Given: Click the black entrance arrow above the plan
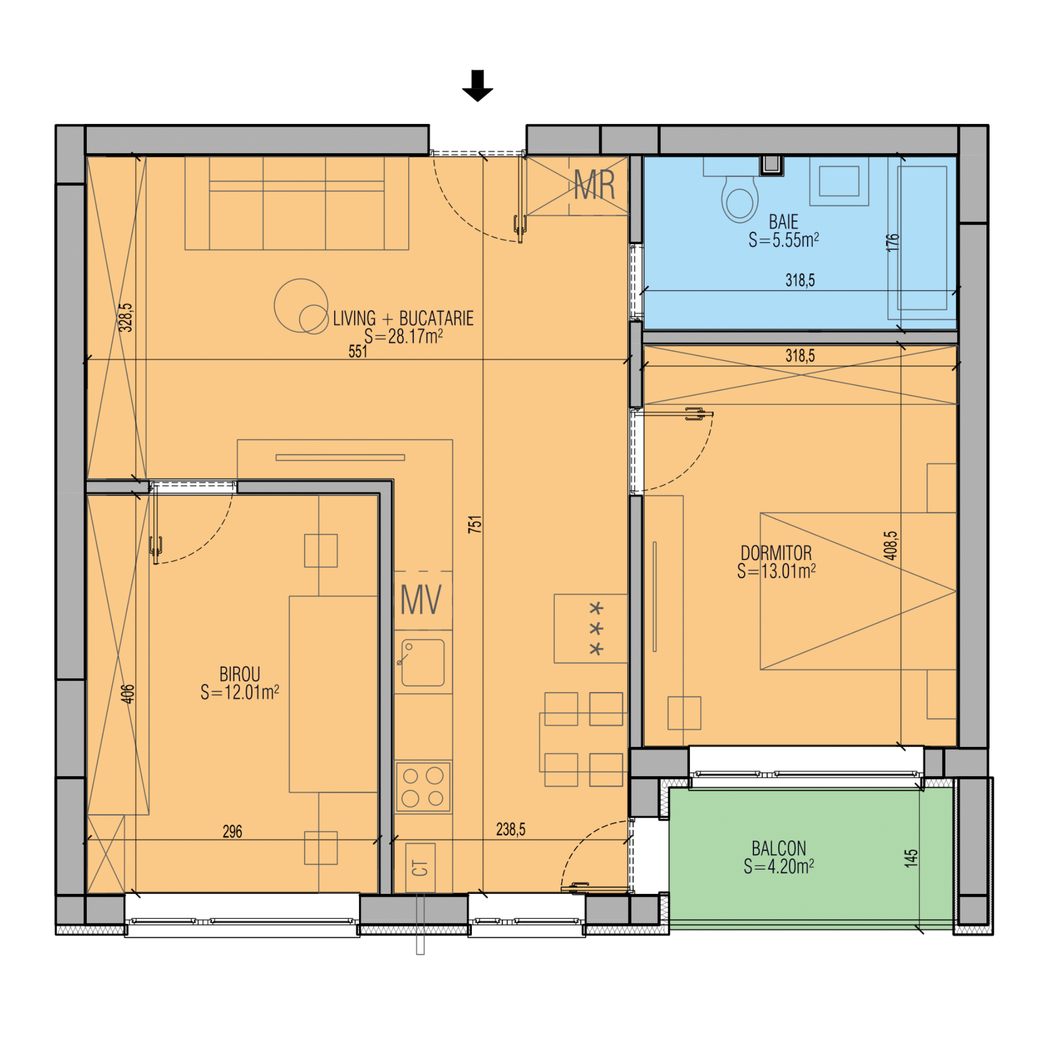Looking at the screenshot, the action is pos(477,86).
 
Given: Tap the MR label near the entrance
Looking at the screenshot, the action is pos(594,185).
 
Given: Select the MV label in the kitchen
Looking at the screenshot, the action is pos(421,600).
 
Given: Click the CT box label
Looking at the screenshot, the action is pos(420,868).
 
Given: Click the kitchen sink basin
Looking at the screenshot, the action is pos(423,662).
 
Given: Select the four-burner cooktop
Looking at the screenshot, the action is pos(423,787).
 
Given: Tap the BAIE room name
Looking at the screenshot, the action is pos(783,222).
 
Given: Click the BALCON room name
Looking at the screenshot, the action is pos(778,848).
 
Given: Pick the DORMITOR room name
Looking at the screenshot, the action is pos(776,553).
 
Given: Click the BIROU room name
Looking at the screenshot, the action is pos(240,674).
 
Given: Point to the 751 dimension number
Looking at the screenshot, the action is pos(475,524).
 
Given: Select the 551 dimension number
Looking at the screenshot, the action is pos(358,351).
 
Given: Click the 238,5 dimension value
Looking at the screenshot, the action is pos(511,829).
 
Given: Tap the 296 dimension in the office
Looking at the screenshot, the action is pos(232,831).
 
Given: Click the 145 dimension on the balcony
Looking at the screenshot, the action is pos(911,858).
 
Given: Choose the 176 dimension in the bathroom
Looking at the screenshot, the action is pos(893,242).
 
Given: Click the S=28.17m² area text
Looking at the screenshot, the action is pos(403,336).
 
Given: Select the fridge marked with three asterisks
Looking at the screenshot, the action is pos(591,628).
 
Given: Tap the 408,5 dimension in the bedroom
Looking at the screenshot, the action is pos(891,545).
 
